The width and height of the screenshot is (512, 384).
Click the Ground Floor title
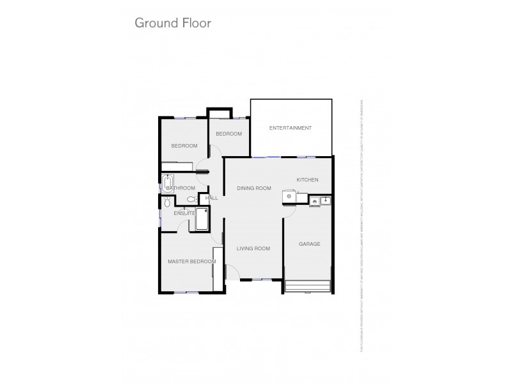click(x=172, y=23)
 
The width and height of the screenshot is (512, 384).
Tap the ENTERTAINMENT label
click(x=290, y=128)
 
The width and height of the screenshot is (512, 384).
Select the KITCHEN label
click(x=307, y=180)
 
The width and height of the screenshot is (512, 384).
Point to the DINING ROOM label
click(x=254, y=188)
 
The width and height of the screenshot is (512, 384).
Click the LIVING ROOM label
click(x=253, y=248)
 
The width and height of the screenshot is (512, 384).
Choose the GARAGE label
click(x=310, y=244)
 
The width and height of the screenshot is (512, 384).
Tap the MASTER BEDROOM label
click(x=191, y=261)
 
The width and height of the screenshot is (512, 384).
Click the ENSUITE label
click(x=184, y=213)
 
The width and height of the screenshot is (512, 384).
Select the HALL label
click(x=212, y=198)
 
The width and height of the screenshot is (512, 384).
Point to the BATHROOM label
click(x=181, y=188)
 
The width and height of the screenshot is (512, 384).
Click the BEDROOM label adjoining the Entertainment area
click(x=228, y=134)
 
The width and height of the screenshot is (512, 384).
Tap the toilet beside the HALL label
click(x=192, y=200)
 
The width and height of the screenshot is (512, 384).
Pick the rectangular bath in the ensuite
click(x=202, y=219)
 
